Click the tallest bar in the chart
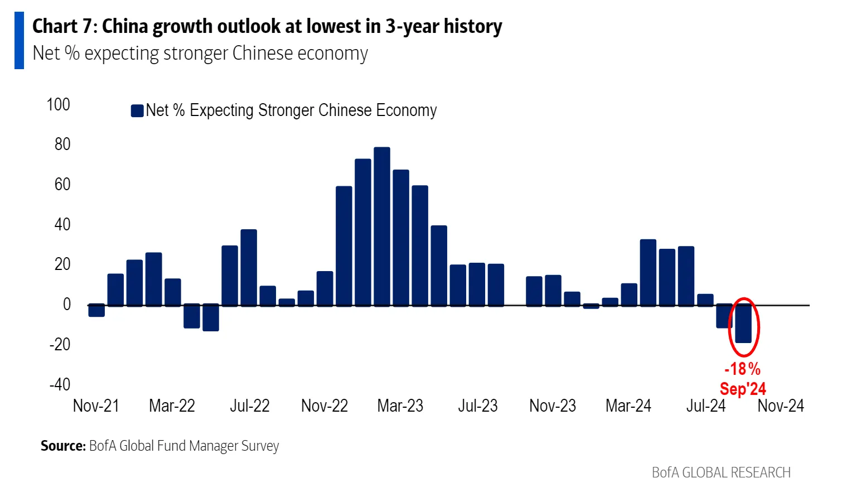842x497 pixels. tap(382, 226)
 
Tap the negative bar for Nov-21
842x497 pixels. tap(96, 311)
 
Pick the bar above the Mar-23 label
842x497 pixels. tap(401, 238)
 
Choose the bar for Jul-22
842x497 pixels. tap(249, 267)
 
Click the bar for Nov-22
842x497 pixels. tap(325, 288)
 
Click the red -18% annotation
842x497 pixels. tap(742, 369)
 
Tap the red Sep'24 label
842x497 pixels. tap(743, 389)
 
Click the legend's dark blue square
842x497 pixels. tap(137, 110)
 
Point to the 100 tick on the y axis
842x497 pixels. tap(59, 105)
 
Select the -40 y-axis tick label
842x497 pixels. tap(60, 384)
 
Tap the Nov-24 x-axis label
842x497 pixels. tap(780, 406)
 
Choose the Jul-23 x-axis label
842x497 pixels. tap(477, 406)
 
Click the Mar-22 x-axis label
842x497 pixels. tap(172, 406)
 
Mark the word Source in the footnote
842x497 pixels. tap(63, 446)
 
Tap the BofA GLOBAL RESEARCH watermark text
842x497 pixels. tap(721, 473)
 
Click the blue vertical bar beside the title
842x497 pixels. tap(19, 41)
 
